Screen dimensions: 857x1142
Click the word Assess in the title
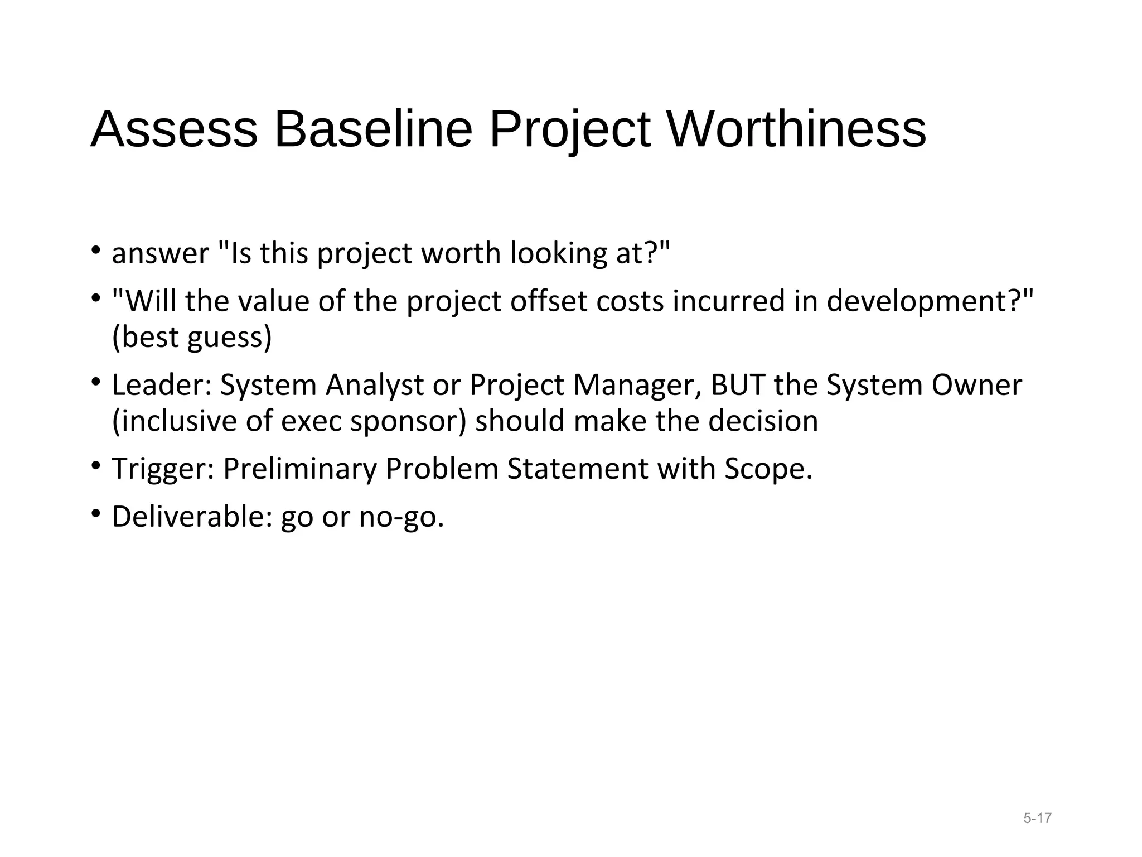[174, 129]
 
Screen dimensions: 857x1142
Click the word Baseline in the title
[373, 129]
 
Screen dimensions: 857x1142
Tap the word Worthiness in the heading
[796, 129]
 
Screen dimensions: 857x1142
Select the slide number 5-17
[1037, 819]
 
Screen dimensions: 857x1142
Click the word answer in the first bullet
[160, 254]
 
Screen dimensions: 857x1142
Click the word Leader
[158, 385]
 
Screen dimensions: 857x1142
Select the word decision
[763, 421]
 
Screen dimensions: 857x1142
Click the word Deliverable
[188, 517]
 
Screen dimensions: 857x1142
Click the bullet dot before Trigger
[96, 465]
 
